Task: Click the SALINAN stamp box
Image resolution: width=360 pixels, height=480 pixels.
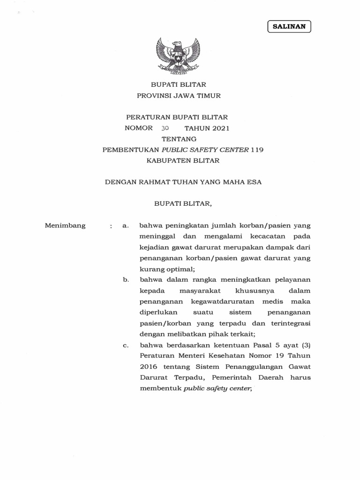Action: pyautogui.click(x=289, y=26)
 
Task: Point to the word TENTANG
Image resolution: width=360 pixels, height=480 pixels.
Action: pyautogui.click(x=179, y=139)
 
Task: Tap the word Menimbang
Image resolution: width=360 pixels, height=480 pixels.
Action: pyautogui.click(x=65, y=225)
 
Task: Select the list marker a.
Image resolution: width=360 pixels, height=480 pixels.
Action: pyautogui.click(x=125, y=225)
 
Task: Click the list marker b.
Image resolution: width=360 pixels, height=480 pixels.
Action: pyautogui.click(x=126, y=279)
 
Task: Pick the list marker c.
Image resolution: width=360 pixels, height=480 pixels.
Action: pyautogui.click(x=126, y=345)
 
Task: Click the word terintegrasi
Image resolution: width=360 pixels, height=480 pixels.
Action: pyautogui.click(x=286, y=323)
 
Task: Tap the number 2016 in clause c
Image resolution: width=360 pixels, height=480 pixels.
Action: pyautogui.click(x=149, y=367)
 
